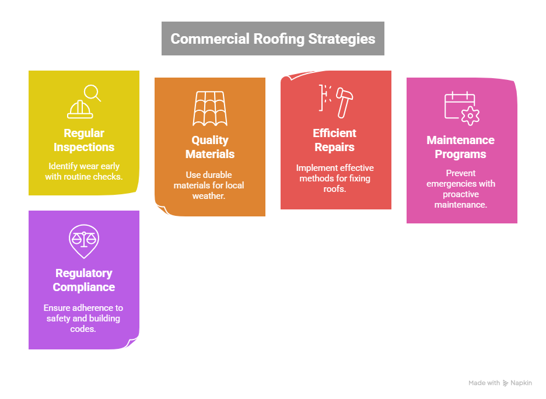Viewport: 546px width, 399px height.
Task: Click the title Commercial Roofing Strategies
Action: point(272,39)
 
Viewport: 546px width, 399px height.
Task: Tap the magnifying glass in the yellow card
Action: point(92,92)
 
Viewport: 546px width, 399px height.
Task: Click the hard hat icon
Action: point(80,109)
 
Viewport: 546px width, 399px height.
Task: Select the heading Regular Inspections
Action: point(84,140)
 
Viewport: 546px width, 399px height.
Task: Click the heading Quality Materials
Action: point(210,147)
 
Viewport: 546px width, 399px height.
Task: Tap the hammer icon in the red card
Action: point(345,100)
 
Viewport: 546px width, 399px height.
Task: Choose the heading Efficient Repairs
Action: point(335,140)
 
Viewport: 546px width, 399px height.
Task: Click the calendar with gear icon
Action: point(461,108)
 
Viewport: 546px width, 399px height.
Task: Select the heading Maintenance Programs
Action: point(460,147)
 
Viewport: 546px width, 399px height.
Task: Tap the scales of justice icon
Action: point(84,239)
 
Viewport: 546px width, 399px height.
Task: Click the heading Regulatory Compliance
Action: point(84,280)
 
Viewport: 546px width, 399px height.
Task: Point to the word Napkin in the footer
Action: point(521,383)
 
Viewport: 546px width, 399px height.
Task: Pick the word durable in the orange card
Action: point(218,175)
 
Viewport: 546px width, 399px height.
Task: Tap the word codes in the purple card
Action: point(84,328)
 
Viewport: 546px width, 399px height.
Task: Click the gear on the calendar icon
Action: point(470,116)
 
